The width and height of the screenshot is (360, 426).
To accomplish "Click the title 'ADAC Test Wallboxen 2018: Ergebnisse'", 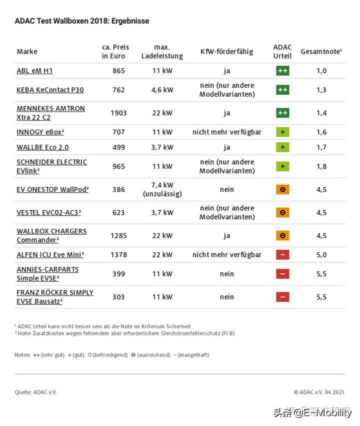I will pyautogui.click(x=81, y=21).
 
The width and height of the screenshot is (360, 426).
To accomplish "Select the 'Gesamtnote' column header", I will pyautogui.click(x=321, y=52).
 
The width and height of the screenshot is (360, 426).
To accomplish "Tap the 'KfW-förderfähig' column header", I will pyautogui.click(x=226, y=52).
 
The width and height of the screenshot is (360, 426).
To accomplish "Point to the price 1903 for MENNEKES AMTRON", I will pyautogui.click(x=118, y=113).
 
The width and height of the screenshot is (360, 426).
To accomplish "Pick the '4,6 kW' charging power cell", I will pyautogui.click(x=162, y=90).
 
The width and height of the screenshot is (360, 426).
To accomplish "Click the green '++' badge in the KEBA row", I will pyautogui.click(x=282, y=90).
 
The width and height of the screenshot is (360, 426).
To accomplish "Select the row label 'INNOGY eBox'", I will pyautogui.click(x=40, y=132).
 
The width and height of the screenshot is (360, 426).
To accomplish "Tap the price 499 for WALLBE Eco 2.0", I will pyautogui.click(x=118, y=147).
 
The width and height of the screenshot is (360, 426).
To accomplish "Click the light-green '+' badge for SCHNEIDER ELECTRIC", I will pyautogui.click(x=282, y=166).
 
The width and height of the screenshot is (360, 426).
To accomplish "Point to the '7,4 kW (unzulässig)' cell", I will pyautogui.click(x=162, y=189).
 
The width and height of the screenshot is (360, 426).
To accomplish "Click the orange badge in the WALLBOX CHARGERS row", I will pyautogui.click(x=282, y=235).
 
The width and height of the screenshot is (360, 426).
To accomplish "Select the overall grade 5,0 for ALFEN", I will pyautogui.click(x=321, y=255).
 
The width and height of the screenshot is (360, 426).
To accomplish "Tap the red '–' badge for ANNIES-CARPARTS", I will pyautogui.click(x=282, y=274).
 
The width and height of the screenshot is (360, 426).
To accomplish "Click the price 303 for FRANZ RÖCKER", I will pyautogui.click(x=118, y=297).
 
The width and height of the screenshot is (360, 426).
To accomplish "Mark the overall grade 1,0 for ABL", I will pyautogui.click(x=321, y=71).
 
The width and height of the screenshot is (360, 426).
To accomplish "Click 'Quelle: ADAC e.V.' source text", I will pyautogui.click(x=35, y=392).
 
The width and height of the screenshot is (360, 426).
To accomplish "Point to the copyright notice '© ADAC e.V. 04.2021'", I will pyautogui.click(x=318, y=392).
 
